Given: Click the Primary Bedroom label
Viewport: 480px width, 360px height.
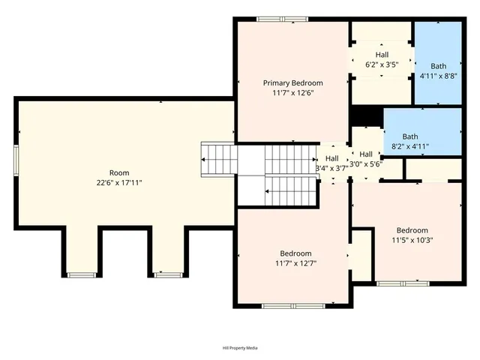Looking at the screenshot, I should (292, 82).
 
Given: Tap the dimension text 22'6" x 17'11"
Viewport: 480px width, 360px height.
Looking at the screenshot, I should (119, 182).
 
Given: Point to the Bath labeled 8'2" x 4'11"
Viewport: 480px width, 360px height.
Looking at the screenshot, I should (409, 141).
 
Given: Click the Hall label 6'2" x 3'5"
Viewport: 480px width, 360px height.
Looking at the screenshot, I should (382, 60).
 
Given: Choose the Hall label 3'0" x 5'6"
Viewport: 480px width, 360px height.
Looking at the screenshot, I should (366, 158).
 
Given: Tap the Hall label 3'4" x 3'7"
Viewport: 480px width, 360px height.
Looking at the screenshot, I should (331, 163).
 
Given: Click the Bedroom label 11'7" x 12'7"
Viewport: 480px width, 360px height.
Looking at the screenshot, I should (295, 258).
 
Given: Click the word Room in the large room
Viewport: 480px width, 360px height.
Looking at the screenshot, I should (119, 172).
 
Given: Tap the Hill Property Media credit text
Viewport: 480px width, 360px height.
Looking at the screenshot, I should (240, 348).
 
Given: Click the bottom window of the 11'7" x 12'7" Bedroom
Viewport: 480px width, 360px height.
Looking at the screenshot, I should (293, 305).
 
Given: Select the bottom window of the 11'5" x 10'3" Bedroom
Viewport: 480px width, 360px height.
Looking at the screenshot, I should (403, 283).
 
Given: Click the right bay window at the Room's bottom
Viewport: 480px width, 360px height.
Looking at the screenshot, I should (169, 275).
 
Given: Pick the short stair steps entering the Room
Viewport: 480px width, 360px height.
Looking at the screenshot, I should (219, 159).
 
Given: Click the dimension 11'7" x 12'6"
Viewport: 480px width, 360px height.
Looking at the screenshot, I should (292, 94).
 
